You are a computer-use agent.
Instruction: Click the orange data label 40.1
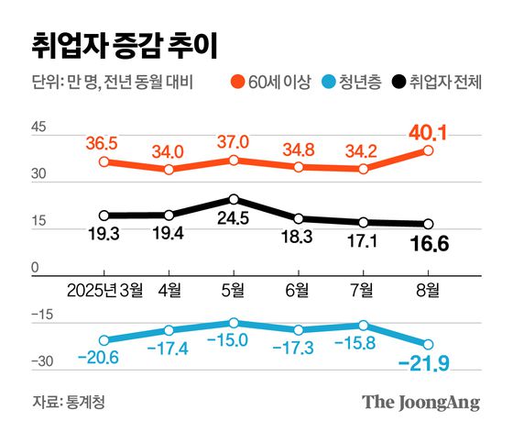pyautogui.click(x=426, y=134)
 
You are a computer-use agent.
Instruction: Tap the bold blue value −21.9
pyautogui.click(x=424, y=367)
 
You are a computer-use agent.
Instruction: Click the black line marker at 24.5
pyautogui.click(x=234, y=199)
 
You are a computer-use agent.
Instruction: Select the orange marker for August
pyautogui.click(x=428, y=150)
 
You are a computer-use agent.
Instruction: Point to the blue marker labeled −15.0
pyautogui.click(x=234, y=323)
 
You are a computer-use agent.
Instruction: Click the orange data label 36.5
pyautogui.click(x=104, y=143)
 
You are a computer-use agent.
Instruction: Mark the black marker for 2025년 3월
pyautogui.click(x=104, y=216)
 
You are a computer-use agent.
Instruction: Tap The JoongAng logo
pyautogui.click(x=420, y=402)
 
